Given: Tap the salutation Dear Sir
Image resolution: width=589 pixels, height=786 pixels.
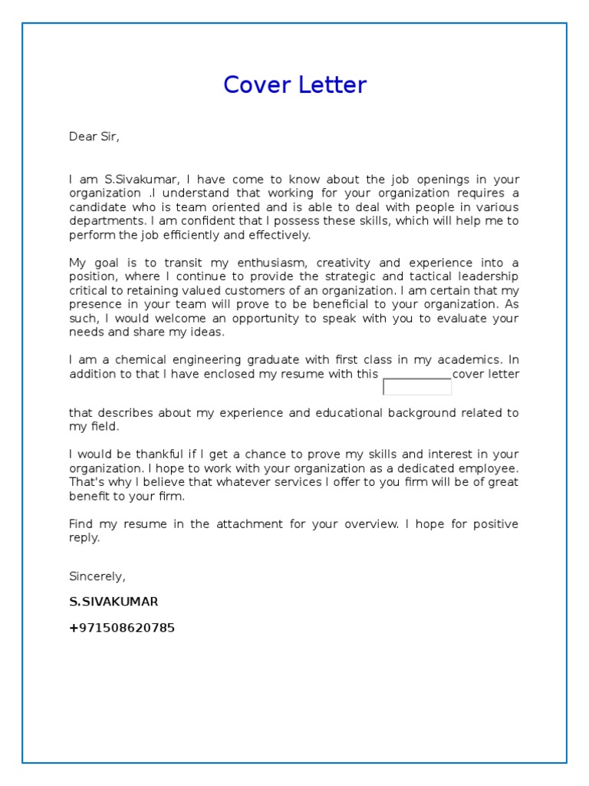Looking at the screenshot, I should tap(94, 137).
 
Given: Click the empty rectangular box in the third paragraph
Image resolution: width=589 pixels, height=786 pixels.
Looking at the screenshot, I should tap(417, 387).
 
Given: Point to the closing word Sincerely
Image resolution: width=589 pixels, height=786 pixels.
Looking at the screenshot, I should tap(97, 576).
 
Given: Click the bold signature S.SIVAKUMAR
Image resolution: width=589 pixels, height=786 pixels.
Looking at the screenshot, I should tap(114, 602).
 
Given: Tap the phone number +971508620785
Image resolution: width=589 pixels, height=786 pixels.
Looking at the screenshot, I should tap(122, 628).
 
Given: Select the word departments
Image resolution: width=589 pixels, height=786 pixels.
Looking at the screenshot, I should tap(106, 221).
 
